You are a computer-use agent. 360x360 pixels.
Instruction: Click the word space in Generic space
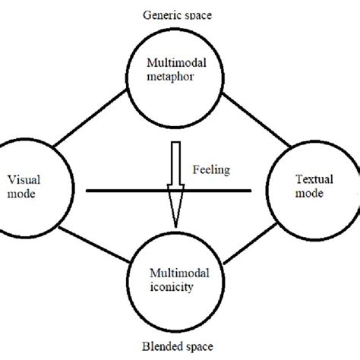click(196, 14)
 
